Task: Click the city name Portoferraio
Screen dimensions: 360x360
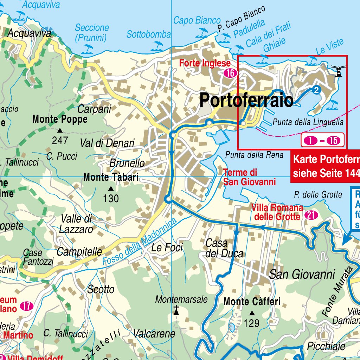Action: [x=246, y=101]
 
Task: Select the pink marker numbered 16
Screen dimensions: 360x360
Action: [x=231, y=73]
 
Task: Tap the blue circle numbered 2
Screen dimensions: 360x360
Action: [x=316, y=90]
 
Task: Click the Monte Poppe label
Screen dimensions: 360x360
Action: [x=60, y=120]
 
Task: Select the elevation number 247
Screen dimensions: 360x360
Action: [x=60, y=141]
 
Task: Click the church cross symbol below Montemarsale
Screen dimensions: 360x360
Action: [x=176, y=310]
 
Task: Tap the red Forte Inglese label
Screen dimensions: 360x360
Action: [x=205, y=64]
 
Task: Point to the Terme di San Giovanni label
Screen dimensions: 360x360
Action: [x=249, y=177]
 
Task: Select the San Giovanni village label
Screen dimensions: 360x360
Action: [x=302, y=274]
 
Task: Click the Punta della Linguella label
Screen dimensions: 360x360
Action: [x=308, y=122]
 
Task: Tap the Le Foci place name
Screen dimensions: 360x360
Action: [x=167, y=247]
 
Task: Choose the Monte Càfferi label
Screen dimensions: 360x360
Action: [x=252, y=302]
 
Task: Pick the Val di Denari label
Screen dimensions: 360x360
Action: [x=107, y=143]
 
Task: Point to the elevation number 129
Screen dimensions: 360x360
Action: [x=252, y=323]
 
